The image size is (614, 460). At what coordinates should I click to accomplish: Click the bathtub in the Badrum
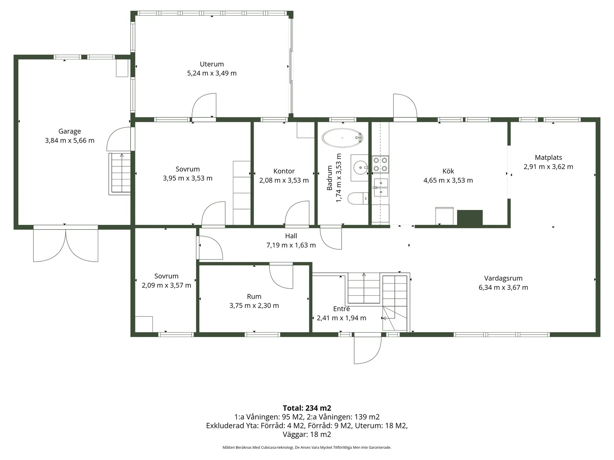[x=342, y=138]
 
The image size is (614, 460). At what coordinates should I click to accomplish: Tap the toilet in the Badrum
[x=358, y=198]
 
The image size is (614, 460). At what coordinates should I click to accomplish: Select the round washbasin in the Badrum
[x=360, y=168]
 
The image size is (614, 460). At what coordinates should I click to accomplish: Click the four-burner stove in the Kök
[x=380, y=164]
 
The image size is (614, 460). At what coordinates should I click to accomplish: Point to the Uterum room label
[x=212, y=64]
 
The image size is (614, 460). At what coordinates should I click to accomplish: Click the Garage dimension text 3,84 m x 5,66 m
[x=70, y=140]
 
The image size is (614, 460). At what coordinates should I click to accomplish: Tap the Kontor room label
[x=284, y=171]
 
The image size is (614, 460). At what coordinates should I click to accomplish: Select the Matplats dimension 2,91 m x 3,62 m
[x=548, y=166]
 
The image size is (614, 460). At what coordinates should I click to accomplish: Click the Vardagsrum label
[x=503, y=278]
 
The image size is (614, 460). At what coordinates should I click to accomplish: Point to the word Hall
[x=291, y=236]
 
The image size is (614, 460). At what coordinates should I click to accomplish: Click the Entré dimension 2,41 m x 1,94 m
[x=341, y=318]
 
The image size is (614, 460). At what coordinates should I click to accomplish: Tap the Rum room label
[x=254, y=297]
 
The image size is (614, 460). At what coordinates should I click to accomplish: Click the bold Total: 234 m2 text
[x=307, y=408]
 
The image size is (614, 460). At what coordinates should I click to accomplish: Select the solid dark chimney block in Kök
[x=470, y=217]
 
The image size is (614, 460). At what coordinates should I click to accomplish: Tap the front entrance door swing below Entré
[x=368, y=349]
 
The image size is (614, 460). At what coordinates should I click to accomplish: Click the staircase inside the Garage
[x=120, y=174]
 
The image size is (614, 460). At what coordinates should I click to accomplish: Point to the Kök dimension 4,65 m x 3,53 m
[x=448, y=180]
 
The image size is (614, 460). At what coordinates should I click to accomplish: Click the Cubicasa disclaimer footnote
[x=307, y=447]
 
